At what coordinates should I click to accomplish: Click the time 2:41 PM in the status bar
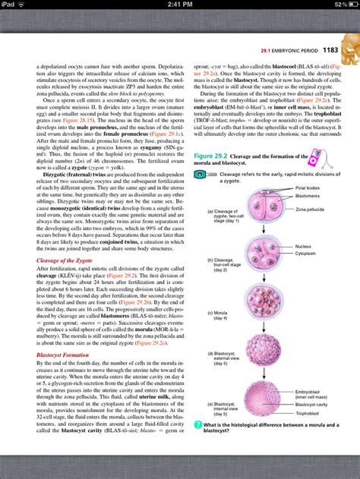[x=179, y=5]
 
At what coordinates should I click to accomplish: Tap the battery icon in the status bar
[x=349, y=5]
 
